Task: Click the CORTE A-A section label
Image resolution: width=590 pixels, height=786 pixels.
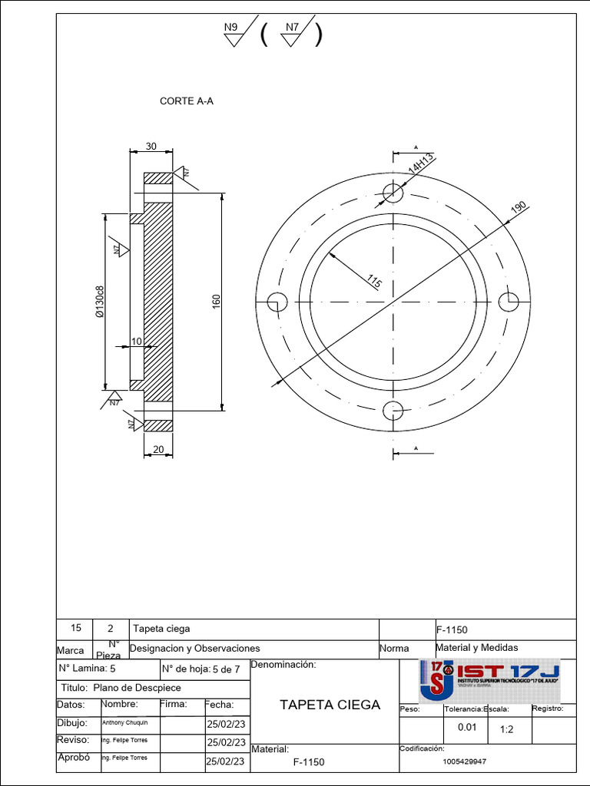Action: click(x=186, y=101)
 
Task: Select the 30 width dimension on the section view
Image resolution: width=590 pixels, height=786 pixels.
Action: click(x=151, y=147)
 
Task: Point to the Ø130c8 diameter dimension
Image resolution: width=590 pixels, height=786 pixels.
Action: click(x=99, y=302)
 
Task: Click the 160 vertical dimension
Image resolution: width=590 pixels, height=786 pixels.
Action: click(x=216, y=302)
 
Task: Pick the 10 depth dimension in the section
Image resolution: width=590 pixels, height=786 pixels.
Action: click(x=136, y=341)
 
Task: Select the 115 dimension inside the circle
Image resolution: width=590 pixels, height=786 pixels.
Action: click(x=374, y=282)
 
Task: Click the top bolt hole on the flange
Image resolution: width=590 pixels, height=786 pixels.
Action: click(x=393, y=192)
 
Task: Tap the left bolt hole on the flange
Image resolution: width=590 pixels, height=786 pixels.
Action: click(x=277, y=302)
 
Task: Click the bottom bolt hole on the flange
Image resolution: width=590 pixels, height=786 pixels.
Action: click(x=393, y=411)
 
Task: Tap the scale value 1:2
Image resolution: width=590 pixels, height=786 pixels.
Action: click(x=507, y=729)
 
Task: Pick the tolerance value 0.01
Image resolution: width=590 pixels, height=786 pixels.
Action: click(x=467, y=728)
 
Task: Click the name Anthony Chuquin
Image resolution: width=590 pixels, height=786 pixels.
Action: click(x=120, y=723)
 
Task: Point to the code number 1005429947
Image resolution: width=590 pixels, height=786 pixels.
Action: click(x=465, y=761)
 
